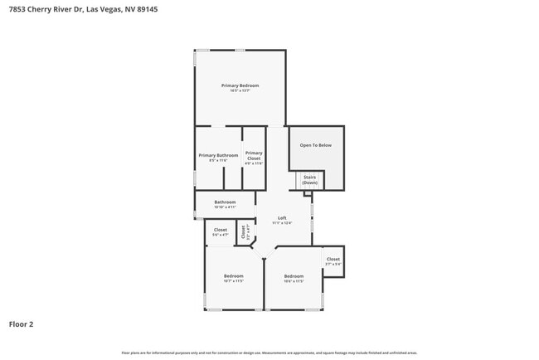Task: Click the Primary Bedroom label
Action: [240, 86]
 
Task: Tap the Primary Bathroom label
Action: [218, 155]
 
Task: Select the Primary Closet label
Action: [254, 155]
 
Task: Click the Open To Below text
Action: [315, 145]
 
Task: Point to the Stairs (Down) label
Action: [309, 179]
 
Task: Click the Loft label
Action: [282, 217]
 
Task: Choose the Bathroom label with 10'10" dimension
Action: [225, 202]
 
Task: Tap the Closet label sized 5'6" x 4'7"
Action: [221, 230]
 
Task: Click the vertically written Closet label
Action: [244, 233]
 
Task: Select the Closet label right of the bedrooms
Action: [333, 259]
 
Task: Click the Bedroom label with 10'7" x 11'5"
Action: [234, 275]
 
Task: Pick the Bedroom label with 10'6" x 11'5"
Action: [294, 275]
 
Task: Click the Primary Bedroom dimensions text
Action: [240, 91]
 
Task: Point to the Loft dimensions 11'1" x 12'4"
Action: [282, 222]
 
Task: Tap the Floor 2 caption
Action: [21, 324]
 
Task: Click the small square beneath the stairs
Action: [308, 193]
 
